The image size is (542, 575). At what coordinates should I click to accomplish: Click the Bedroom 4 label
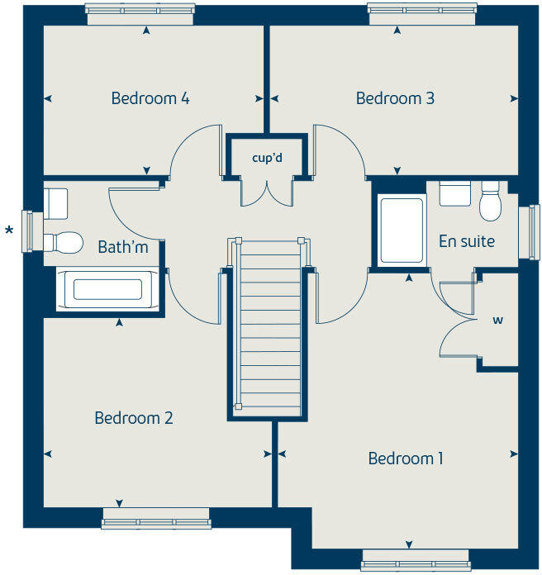(x=150, y=98)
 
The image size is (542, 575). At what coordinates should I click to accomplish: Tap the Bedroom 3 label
(x=395, y=98)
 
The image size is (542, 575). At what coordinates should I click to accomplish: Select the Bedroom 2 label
(x=134, y=418)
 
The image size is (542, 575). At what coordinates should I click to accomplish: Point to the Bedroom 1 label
(x=406, y=459)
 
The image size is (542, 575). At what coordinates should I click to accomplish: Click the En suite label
(x=467, y=242)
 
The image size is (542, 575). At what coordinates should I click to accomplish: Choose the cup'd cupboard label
(x=268, y=157)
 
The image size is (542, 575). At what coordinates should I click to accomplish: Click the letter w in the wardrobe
(x=499, y=321)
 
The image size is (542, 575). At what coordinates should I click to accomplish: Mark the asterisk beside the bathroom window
(x=10, y=230)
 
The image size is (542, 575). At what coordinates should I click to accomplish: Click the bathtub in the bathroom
(x=107, y=290)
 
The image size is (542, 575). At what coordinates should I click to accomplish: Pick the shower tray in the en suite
(x=402, y=230)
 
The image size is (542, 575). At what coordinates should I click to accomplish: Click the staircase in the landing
(x=269, y=330)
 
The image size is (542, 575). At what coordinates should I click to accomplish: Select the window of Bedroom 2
(x=156, y=522)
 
